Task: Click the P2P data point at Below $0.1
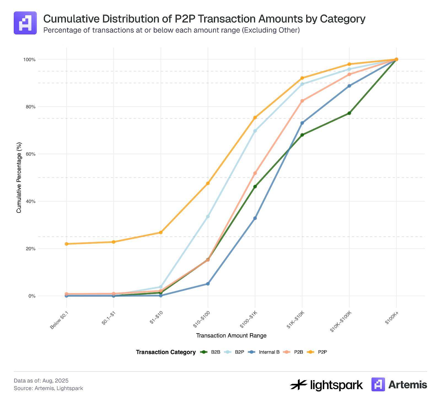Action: pyautogui.click(x=66, y=244)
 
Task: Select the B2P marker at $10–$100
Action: pyautogui.click(x=208, y=217)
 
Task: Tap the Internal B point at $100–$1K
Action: pyautogui.click(x=255, y=218)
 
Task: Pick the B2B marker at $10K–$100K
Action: pyautogui.click(x=349, y=113)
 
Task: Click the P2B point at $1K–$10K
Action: pyautogui.click(x=302, y=101)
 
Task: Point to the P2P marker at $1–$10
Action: pyautogui.click(x=161, y=233)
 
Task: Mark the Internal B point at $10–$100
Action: pyautogui.click(x=208, y=284)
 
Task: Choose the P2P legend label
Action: pyautogui.click(x=322, y=352)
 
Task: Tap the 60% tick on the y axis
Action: pyautogui.click(x=29, y=154)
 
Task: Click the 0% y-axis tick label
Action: pyautogui.click(x=31, y=296)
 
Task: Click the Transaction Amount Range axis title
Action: pyautogui.click(x=231, y=335)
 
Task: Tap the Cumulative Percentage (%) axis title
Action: pyautogui.click(x=19, y=177)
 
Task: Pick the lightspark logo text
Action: pyautogui.click(x=336, y=385)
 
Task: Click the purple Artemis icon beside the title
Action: pyautogui.click(x=25, y=23)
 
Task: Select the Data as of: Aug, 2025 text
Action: pyautogui.click(x=41, y=381)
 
